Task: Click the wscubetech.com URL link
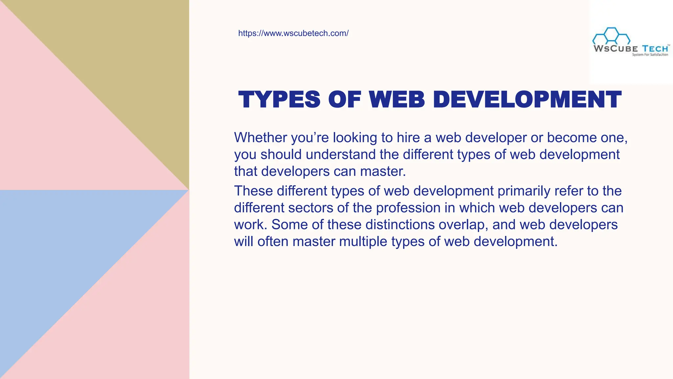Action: [293, 33]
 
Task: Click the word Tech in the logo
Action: [655, 49]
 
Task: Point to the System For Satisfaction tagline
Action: [650, 55]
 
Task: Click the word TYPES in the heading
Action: [279, 99]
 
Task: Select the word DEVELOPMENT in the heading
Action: [527, 99]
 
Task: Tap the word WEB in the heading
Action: [397, 99]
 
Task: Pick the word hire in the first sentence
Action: [408, 138]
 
